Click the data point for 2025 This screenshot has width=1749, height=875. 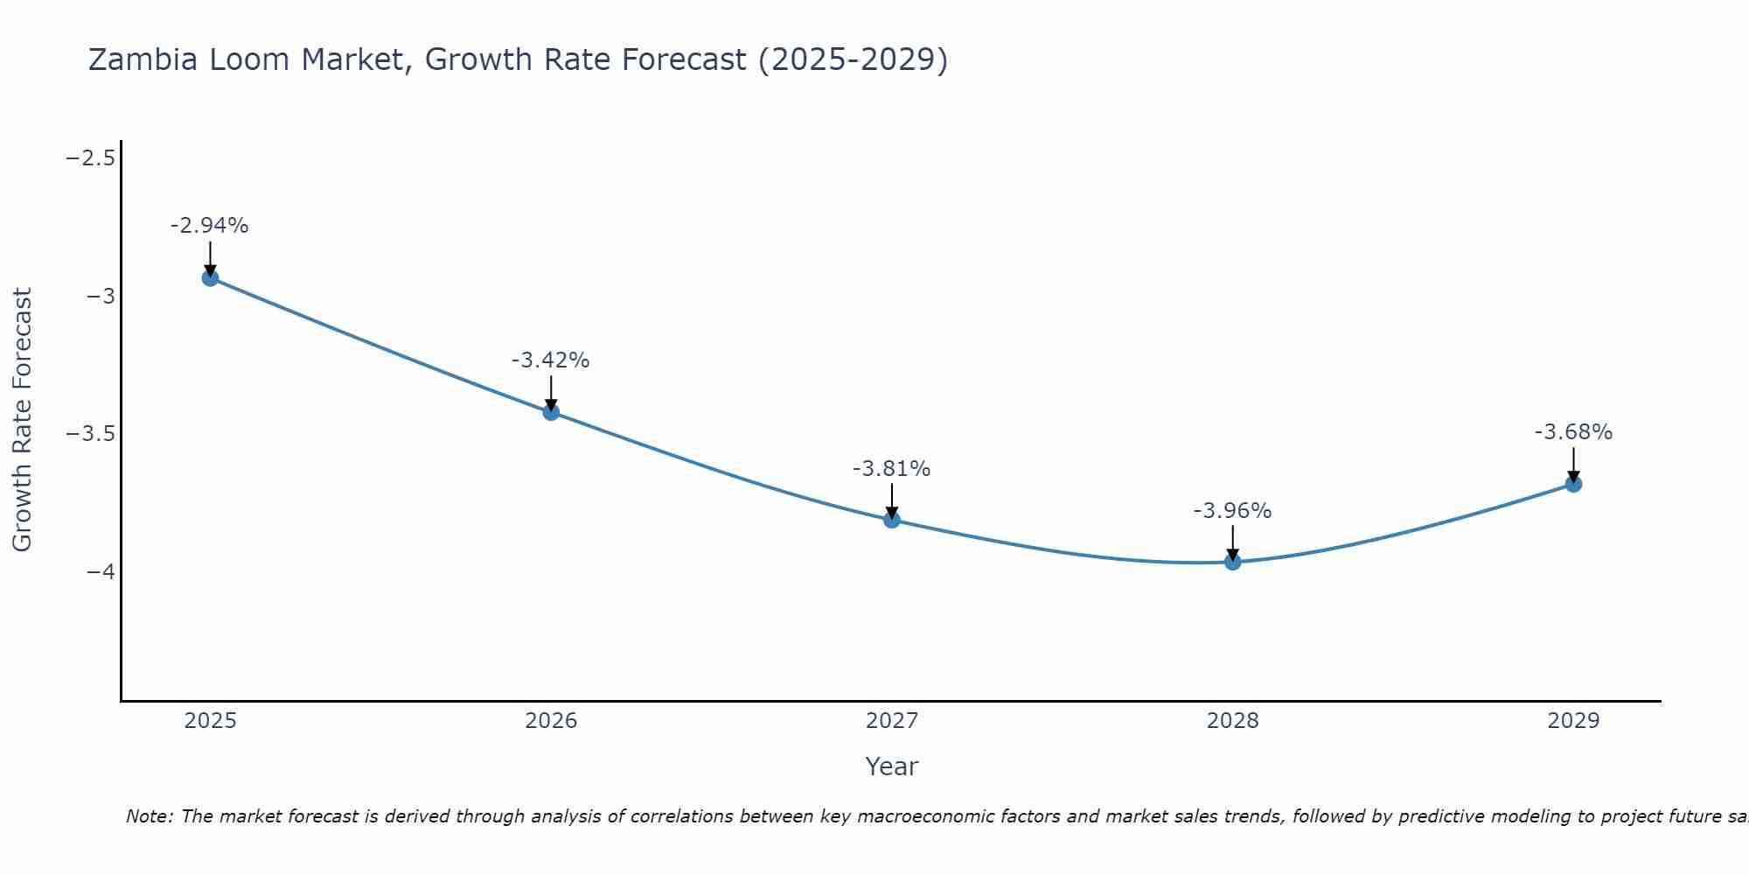pos(210,278)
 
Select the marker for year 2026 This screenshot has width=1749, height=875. pos(551,412)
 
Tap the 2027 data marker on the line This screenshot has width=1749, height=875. pos(892,520)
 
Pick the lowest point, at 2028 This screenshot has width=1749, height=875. pos(1233,562)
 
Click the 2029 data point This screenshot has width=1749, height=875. pos(1573,484)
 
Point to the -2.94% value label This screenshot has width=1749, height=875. pos(210,226)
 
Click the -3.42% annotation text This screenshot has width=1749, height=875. pos(551,360)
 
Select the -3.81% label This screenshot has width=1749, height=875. pos(892,469)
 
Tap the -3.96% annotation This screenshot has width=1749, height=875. pos(1233,511)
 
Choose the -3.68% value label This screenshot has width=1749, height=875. pos(1573,432)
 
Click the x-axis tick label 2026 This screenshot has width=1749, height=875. pos(551,721)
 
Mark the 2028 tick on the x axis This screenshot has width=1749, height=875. pos(1233,721)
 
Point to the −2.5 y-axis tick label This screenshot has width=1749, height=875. pos(91,158)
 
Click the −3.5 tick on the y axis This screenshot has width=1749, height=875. pos(91,434)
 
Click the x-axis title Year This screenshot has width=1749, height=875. pos(892,767)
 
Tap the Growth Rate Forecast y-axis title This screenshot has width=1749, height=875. pos(22,420)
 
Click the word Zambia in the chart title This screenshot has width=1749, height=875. pos(144,59)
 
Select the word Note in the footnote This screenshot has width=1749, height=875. pos(150,817)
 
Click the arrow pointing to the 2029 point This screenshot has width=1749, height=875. pos(1573,464)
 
